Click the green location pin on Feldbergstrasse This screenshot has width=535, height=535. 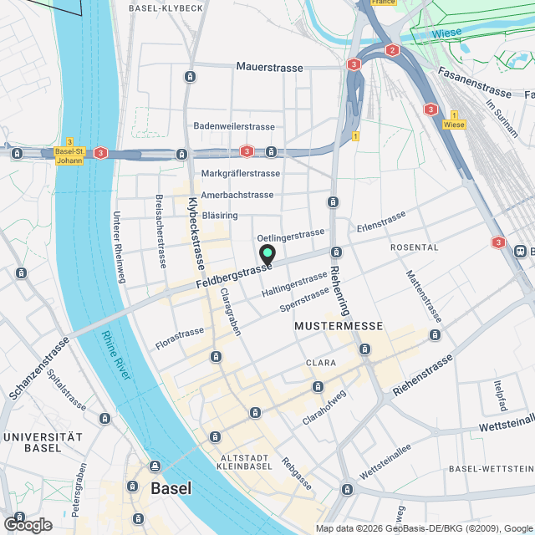267,254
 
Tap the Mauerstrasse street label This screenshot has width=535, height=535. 268,65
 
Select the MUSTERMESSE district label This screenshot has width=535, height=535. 339,325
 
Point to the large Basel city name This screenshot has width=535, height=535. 171,488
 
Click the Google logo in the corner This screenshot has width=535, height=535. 27,524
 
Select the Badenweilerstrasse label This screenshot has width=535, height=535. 233,126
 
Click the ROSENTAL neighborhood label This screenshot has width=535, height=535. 414,247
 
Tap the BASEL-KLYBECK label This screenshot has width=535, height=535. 166,8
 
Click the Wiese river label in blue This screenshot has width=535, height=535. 447,34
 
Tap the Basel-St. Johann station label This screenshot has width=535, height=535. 68,155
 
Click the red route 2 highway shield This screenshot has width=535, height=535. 392,50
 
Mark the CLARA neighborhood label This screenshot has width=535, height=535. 321,364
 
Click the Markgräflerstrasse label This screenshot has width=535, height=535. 240,173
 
